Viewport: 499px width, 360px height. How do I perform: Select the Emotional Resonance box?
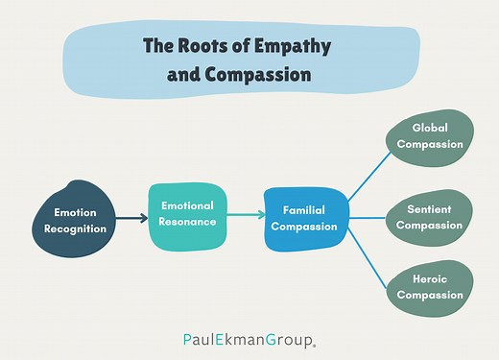point(188,214)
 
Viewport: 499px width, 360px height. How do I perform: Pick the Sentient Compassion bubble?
point(430,218)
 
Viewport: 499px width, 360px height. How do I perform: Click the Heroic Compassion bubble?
point(430,287)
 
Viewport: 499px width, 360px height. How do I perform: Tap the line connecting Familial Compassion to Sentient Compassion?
point(369,219)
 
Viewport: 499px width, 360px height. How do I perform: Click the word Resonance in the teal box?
point(188,222)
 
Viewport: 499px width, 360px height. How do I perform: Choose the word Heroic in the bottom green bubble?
point(430,279)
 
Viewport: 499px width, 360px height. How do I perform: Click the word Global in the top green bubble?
point(430,128)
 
